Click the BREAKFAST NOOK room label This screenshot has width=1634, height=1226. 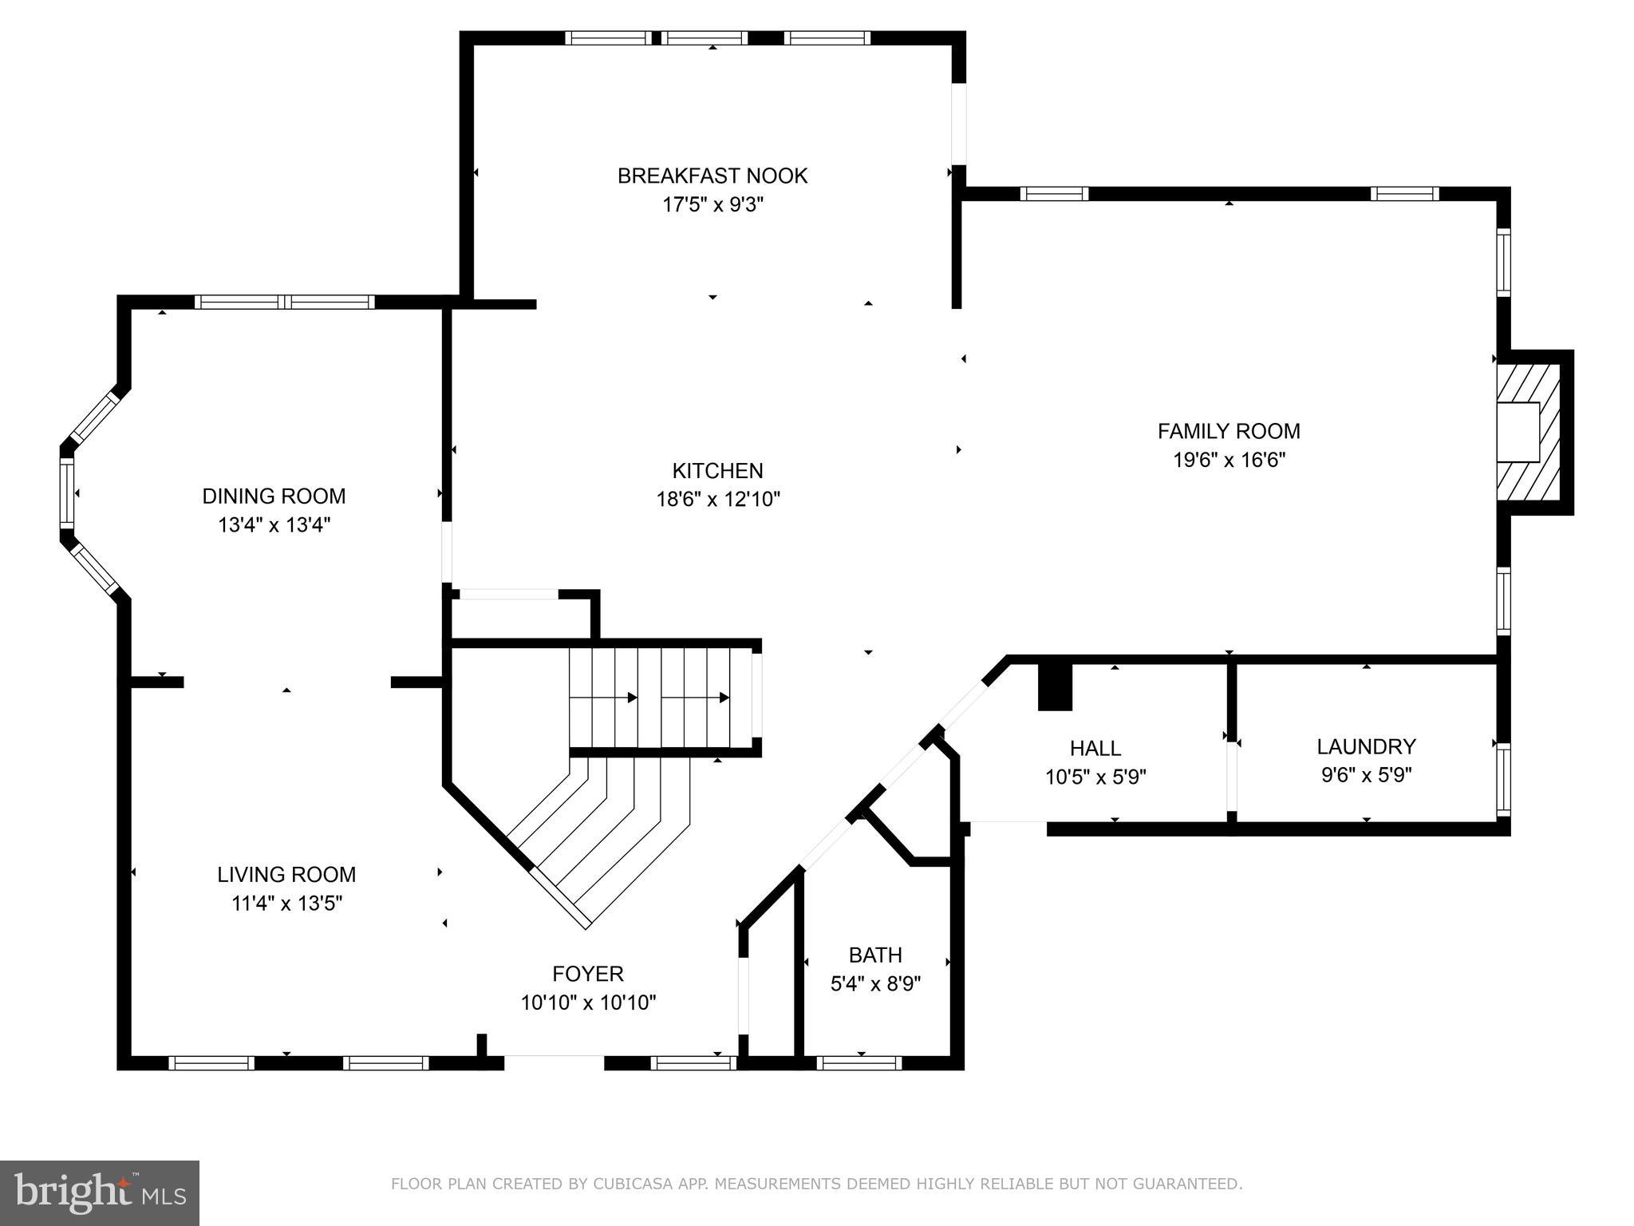(x=712, y=176)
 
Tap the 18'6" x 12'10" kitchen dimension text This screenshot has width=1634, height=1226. (x=717, y=500)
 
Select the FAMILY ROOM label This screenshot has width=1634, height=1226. (x=1229, y=431)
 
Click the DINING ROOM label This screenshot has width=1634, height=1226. (x=274, y=496)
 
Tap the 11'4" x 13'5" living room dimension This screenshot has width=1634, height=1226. (x=286, y=904)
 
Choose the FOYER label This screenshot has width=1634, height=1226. (x=588, y=974)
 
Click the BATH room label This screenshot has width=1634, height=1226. (x=875, y=955)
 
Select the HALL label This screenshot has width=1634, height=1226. (x=1095, y=748)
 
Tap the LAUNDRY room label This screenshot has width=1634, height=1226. (x=1366, y=746)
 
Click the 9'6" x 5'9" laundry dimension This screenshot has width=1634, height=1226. (x=1366, y=775)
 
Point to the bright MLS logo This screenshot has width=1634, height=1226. (x=100, y=1192)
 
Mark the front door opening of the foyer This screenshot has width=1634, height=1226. (x=554, y=1062)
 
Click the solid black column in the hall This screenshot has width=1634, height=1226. (x=1055, y=687)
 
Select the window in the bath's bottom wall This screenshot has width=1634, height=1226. (x=859, y=1062)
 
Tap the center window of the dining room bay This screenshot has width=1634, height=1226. (x=67, y=493)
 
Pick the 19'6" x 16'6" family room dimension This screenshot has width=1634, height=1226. (x=1229, y=461)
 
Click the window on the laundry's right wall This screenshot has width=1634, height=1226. (x=1503, y=779)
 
